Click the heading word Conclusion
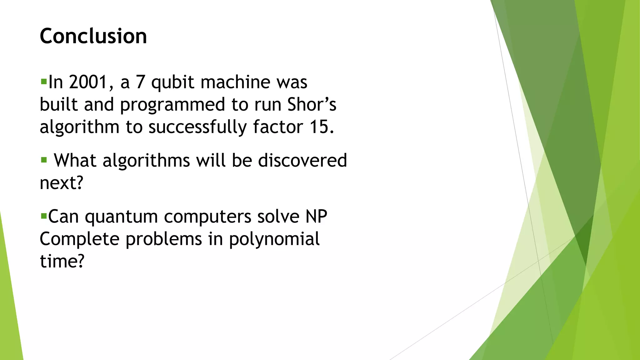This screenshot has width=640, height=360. [x=93, y=36]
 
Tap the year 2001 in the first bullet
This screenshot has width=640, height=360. [x=88, y=82]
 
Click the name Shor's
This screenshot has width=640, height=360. [x=312, y=104]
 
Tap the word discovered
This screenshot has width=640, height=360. [x=302, y=160]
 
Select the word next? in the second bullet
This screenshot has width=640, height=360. [x=62, y=183]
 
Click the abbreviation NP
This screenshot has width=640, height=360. [x=316, y=216]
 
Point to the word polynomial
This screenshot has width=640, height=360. [x=274, y=239]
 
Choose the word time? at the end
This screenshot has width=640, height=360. [x=62, y=261]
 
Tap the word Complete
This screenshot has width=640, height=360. [x=80, y=239]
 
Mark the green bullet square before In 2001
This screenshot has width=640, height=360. [x=43, y=82]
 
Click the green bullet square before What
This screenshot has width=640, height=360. [x=44, y=160]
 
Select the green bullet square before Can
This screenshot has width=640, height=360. [x=43, y=216]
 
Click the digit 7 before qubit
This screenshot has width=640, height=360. [x=140, y=82]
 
